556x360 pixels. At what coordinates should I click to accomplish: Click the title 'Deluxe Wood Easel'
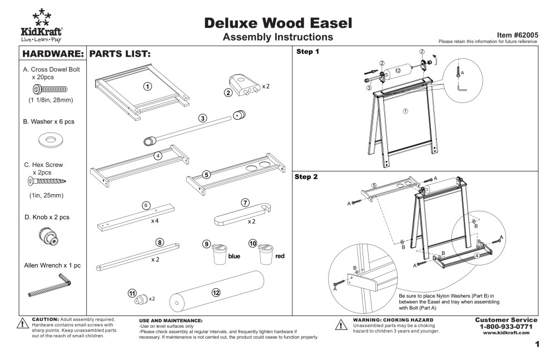[x=277, y=23]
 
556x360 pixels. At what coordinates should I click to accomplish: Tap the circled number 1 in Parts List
[x=147, y=86]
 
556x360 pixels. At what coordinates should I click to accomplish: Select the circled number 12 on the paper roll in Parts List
[x=216, y=292]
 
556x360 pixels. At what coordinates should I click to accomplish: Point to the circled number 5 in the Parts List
[x=206, y=174]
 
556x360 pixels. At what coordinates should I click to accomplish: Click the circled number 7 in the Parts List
[x=245, y=203]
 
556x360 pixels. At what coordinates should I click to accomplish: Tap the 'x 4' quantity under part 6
[x=155, y=220]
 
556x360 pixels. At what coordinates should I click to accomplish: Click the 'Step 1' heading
[x=307, y=52]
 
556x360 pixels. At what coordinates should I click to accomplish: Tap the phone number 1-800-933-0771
[x=506, y=326]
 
